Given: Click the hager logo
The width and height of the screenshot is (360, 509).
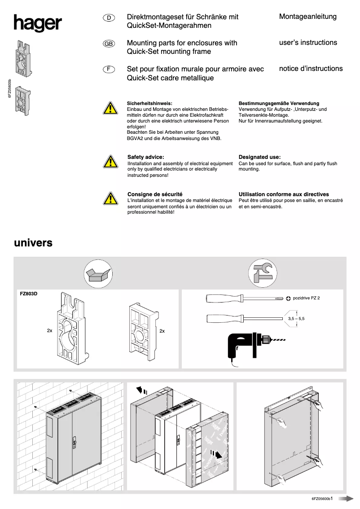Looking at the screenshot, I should [37, 24].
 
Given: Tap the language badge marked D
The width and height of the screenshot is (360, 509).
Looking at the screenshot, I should [109, 18].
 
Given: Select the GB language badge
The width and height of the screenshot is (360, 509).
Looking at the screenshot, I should [109, 44].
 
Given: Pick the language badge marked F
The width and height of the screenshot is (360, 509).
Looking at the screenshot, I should [109, 70].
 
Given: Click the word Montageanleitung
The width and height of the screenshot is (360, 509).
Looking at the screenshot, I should [307, 17].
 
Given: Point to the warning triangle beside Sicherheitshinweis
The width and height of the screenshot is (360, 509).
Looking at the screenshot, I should [109, 109].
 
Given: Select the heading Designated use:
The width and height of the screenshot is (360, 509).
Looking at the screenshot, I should [259, 157].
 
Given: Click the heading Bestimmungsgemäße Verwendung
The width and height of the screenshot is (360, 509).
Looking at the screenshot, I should [279, 103].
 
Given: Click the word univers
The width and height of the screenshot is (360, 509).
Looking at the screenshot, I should [33, 243].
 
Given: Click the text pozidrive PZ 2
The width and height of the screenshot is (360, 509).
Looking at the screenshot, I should [306, 298].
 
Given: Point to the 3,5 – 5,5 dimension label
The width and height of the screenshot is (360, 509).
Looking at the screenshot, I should [296, 318].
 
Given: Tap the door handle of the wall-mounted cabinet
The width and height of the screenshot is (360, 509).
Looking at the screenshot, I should [74, 442].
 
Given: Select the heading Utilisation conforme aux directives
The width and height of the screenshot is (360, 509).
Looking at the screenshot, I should [284, 194].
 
